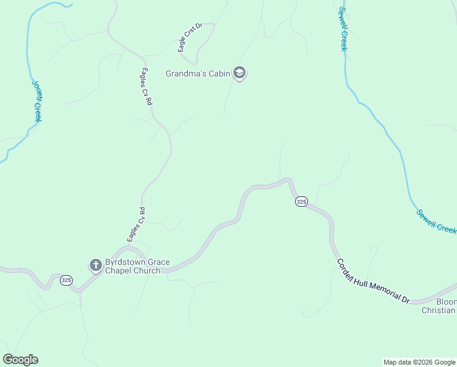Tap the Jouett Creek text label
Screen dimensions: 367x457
(36, 100)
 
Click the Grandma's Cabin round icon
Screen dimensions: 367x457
(240, 74)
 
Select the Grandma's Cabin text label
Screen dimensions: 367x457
(197, 74)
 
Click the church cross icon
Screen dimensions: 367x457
(95, 265)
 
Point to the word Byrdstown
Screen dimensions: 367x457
(125, 262)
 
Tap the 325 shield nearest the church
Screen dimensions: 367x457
(67, 280)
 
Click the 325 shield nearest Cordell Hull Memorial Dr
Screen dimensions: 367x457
(301, 201)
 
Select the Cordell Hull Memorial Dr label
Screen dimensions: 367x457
(373, 281)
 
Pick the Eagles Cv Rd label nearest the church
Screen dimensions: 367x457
(136, 224)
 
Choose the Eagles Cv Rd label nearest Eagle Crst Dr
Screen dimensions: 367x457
(145, 86)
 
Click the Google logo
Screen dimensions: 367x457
(20, 360)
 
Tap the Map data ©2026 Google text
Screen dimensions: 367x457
(419, 362)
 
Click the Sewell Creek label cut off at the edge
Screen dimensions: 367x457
(437, 221)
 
